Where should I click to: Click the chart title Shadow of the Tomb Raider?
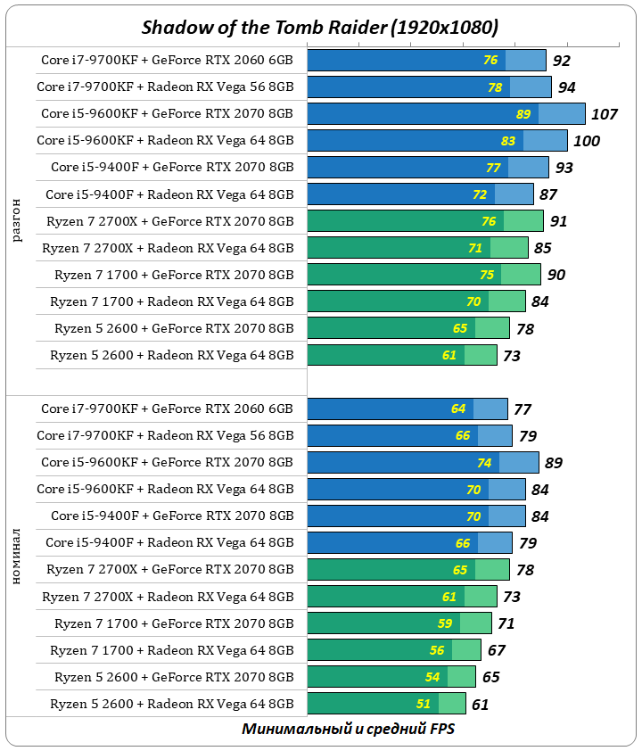pyautogui.click(x=320, y=28)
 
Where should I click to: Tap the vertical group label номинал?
pyautogui.click(x=16, y=557)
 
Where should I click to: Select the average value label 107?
pyautogui.click(x=605, y=114)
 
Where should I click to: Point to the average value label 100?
pyautogui.click(x=587, y=141)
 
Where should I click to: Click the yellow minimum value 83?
pyautogui.click(x=508, y=141)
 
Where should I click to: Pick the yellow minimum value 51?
pyautogui.click(x=424, y=704)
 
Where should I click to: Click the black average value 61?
pyautogui.click(x=480, y=704)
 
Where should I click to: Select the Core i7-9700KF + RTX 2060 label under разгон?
pyautogui.click(x=167, y=61)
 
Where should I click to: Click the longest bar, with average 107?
pyautogui.click(x=446, y=114)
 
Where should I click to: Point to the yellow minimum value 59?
pyautogui.click(x=444, y=623)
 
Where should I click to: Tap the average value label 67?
pyautogui.click(x=496, y=650)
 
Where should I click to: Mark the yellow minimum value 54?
pyautogui.click(x=432, y=677)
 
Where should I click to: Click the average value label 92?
pyautogui.click(x=561, y=61)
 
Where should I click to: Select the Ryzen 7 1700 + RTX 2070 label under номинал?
pyautogui.click(x=173, y=623)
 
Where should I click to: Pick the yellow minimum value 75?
pyautogui.click(x=487, y=275)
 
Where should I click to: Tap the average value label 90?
pyautogui.click(x=556, y=275)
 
